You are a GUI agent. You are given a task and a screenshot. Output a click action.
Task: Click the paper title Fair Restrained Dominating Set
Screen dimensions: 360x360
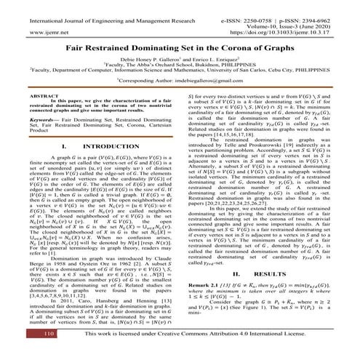179,46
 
